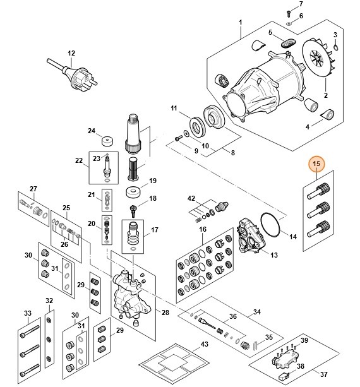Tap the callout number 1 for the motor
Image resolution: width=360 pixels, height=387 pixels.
click(241, 23)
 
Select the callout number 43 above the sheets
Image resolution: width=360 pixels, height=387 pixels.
click(204, 344)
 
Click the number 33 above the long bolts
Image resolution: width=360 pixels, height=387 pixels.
click(27, 313)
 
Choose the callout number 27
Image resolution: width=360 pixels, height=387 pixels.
click(33, 189)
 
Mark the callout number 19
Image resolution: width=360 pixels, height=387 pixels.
click(152, 181)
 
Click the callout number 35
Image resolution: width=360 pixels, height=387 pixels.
click(269, 337)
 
